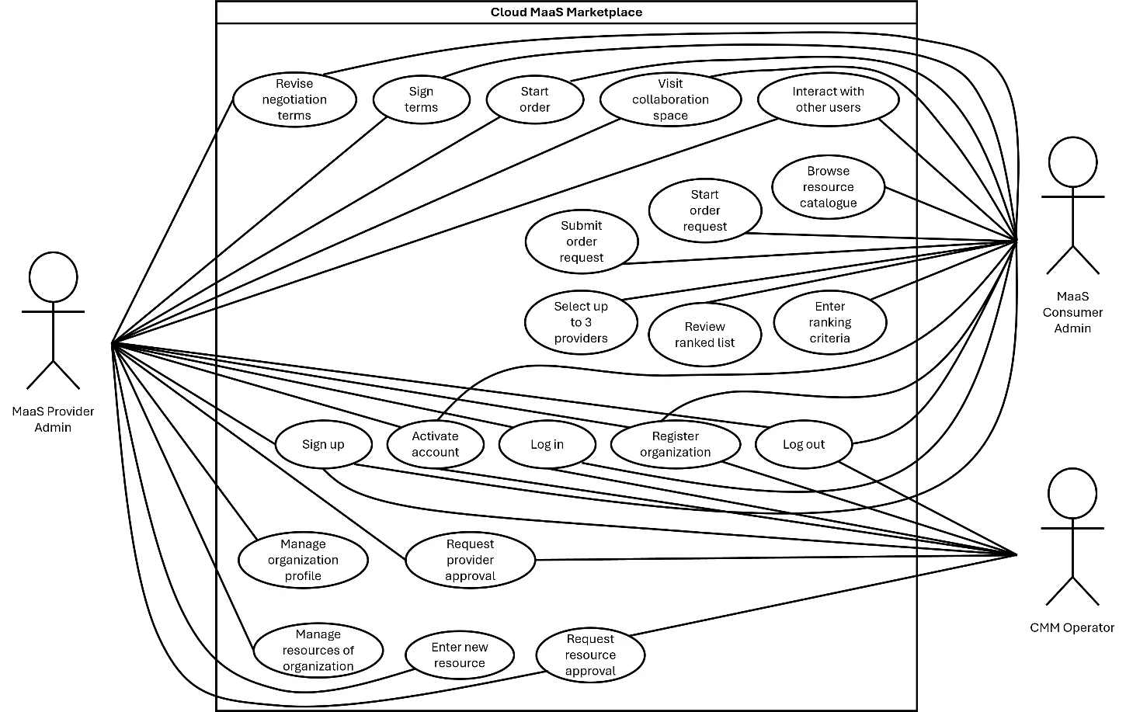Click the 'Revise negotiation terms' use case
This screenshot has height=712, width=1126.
tap(294, 99)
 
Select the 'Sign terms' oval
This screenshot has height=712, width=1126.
tap(421, 99)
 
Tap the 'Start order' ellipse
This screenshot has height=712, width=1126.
tap(535, 99)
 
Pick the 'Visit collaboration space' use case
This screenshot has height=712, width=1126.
tap(671, 99)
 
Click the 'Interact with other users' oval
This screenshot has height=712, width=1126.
tap(829, 99)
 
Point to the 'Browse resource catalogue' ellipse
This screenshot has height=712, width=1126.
tap(829, 187)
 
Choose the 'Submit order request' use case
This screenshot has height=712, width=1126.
tap(582, 241)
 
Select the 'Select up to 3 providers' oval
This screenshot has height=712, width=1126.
tap(581, 322)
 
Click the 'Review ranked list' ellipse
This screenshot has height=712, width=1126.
tap(705, 335)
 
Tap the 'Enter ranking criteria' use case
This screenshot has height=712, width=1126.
tap(830, 322)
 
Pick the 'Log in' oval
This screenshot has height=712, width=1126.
tap(547, 444)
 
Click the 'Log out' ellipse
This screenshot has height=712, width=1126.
tap(804, 444)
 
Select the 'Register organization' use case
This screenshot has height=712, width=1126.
tap(676, 444)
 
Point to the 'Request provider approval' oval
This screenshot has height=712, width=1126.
tap(471, 560)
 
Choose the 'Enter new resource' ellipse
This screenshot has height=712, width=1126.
tap(460, 655)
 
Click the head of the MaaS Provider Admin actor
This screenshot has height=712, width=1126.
tap(54, 277)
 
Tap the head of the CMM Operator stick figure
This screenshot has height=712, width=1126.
tap(1072, 493)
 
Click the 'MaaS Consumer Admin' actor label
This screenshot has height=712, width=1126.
tap(1072, 312)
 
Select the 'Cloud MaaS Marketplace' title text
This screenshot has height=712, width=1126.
tap(567, 12)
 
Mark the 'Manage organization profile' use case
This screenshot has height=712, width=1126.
tap(303, 560)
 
